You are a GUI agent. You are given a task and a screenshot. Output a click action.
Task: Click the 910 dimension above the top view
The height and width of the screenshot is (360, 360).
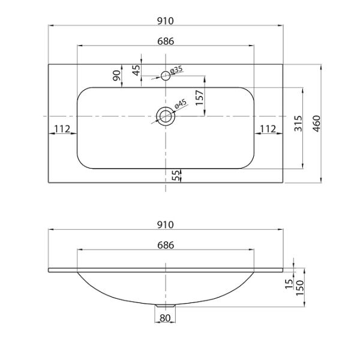166,21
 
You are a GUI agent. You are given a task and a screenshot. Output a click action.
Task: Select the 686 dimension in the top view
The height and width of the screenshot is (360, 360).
166,41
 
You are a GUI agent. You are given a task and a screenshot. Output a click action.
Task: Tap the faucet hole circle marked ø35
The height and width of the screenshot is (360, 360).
166,76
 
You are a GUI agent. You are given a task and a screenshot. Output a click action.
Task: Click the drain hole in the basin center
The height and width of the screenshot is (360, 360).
166,116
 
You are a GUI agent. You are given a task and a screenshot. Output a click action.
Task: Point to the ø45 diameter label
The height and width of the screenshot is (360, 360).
181,104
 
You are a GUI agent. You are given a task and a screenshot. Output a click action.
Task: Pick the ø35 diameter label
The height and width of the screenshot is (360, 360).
176,70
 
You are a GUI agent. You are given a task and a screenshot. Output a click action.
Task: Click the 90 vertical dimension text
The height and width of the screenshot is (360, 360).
117,76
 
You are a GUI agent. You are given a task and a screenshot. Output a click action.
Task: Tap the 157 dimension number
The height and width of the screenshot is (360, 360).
200,98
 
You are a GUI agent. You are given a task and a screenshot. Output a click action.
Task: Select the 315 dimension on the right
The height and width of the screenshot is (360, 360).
298,124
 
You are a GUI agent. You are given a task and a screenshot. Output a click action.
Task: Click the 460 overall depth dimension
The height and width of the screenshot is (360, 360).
317,124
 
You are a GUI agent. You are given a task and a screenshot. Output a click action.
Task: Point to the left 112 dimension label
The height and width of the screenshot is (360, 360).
62,129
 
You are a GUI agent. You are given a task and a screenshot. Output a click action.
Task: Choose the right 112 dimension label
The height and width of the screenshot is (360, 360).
268,129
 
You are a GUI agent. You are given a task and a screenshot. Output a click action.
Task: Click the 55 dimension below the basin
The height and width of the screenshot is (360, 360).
175,175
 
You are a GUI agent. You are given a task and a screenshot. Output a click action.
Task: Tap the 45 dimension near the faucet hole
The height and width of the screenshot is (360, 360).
136,70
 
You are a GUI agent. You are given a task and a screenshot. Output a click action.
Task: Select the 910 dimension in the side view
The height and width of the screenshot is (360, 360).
166,225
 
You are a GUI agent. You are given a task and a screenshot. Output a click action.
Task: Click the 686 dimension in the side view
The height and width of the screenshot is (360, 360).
166,245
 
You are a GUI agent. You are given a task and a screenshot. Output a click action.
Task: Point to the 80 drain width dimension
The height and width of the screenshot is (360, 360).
165,318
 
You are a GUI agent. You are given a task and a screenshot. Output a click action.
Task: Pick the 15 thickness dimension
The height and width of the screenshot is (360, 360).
289,284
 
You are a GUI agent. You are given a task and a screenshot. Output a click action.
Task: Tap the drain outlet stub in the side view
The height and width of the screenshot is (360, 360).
166,306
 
